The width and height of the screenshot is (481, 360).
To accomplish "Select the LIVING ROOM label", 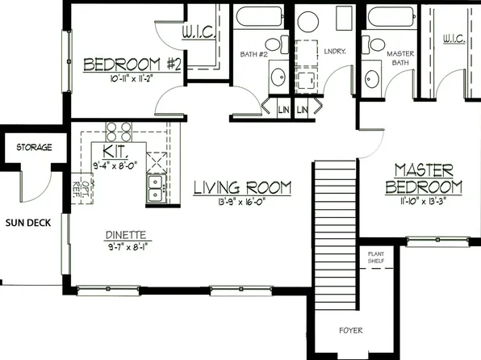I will click(x=242, y=188).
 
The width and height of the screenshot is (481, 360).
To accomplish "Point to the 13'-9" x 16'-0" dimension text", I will click(x=241, y=202).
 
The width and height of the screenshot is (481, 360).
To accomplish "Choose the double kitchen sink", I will click(x=154, y=187).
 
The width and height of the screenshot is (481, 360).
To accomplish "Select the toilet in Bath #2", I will click(x=272, y=47).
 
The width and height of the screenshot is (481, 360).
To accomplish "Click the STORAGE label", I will click(x=35, y=148).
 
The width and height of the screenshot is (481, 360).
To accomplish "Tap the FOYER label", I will click(x=350, y=331).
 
